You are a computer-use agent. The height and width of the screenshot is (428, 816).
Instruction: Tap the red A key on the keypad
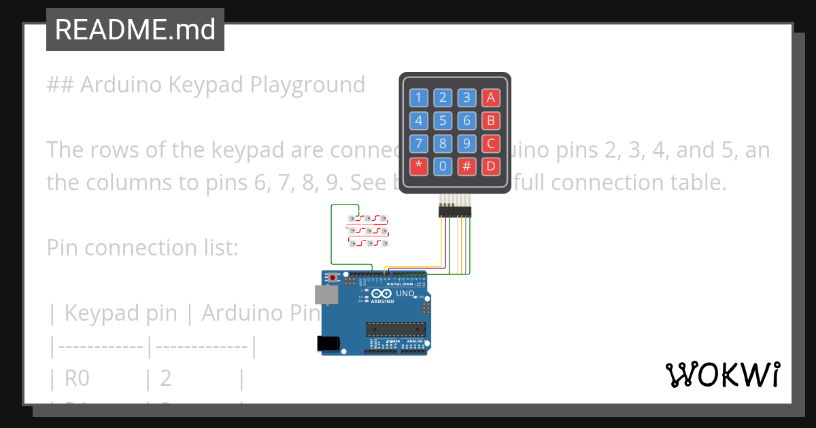pyautogui.click(x=491, y=98)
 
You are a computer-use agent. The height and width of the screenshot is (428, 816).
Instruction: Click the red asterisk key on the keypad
pyautogui.click(x=418, y=165)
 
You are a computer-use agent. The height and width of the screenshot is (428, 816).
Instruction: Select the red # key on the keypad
pyautogui.click(x=466, y=165)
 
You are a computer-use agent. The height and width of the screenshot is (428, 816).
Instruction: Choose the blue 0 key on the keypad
pyautogui.click(x=443, y=165)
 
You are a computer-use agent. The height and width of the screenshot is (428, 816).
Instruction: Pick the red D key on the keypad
pyautogui.click(x=491, y=165)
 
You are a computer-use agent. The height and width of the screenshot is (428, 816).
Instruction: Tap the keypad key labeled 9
pyautogui.click(x=466, y=143)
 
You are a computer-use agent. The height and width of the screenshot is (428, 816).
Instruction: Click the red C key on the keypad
pyautogui.click(x=491, y=143)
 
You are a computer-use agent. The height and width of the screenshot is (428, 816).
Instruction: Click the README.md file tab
pyautogui.click(x=135, y=29)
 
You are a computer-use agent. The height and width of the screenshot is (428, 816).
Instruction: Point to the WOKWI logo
pyautogui.click(x=722, y=374)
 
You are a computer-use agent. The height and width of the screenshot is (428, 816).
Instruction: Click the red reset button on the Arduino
pyautogui.click(x=333, y=278)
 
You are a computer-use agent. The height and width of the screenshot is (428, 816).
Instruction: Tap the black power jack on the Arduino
pyautogui.click(x=330, y=344)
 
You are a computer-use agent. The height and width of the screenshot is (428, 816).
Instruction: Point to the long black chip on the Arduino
pyautogui.click(x=396, y=329)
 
